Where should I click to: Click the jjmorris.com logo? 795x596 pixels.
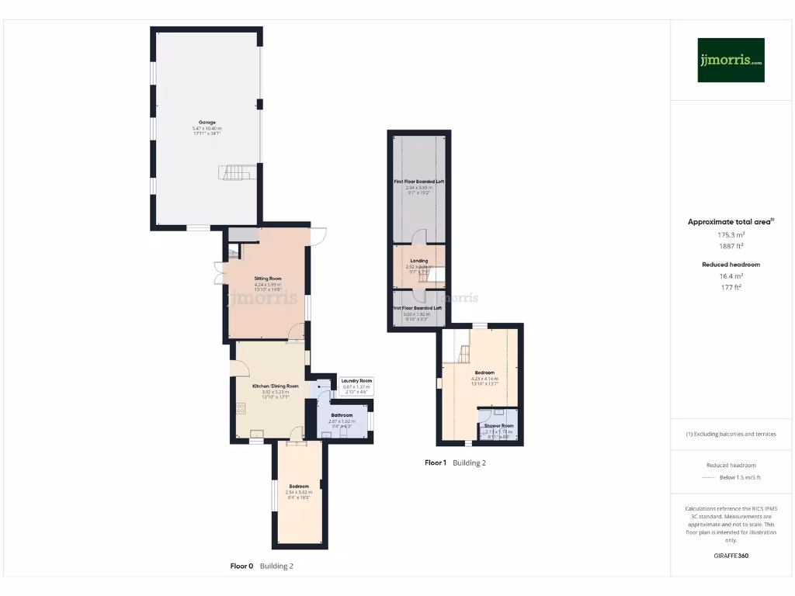point(731,60)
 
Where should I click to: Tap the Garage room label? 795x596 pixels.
point(207,123)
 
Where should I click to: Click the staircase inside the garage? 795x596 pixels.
point(238,172)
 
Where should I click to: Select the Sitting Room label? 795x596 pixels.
point(268,278)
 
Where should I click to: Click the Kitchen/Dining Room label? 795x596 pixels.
point(276,386)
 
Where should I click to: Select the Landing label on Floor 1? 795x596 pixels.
point(419,261)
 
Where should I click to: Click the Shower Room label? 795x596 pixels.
point(498,426)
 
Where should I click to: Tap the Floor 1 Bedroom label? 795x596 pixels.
point(484,372)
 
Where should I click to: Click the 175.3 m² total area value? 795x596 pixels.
point(731,234)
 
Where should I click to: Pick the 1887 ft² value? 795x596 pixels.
point(731,246)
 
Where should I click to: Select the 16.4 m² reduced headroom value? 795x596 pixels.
point(731,276)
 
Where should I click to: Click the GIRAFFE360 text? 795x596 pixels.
point(731,556)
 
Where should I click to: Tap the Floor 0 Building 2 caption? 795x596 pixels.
point(262,567)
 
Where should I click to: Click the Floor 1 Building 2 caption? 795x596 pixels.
point(455,463)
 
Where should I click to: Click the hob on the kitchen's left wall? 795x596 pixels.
point(241,407)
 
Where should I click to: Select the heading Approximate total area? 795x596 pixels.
point(731,222)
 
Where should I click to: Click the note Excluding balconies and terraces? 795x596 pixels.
point(731,434)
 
